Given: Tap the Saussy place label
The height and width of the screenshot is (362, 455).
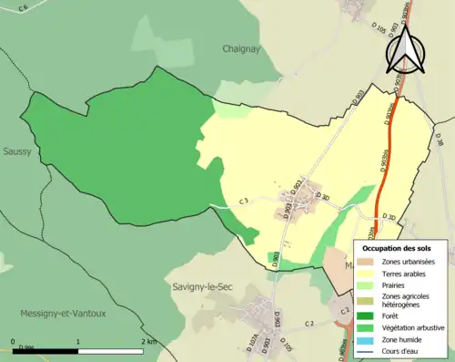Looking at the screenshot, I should click(16, 152).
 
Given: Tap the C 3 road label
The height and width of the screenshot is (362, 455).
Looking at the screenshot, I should click(244, 201).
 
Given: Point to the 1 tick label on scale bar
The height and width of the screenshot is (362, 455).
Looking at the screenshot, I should click(78, 341).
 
